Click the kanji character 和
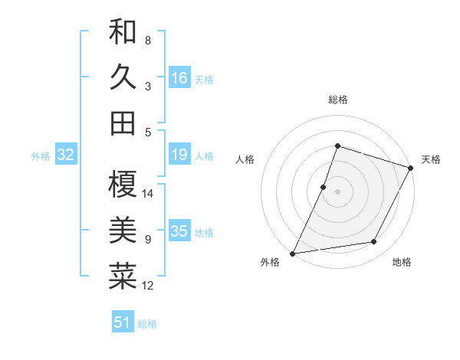[x=123, y=34]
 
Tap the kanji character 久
[x=123, y=77]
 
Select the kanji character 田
[x=123, y=123]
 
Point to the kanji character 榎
[x=123, y=184]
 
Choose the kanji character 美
[x=123, y=230]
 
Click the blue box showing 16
[x=179, y=78]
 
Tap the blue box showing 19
[x=179, y=155]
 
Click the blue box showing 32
[x=66, y=155]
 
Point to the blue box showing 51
[x=123, y=322]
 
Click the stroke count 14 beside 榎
[x=148, y=195]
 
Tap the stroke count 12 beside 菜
[x=148, y=286]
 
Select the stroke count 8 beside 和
[x=148, y=40]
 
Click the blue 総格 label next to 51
[x=147, y=324]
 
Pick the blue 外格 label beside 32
[x=41, y=156]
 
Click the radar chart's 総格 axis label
[x=337, y=100]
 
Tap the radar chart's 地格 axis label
[x=402, y=263]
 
